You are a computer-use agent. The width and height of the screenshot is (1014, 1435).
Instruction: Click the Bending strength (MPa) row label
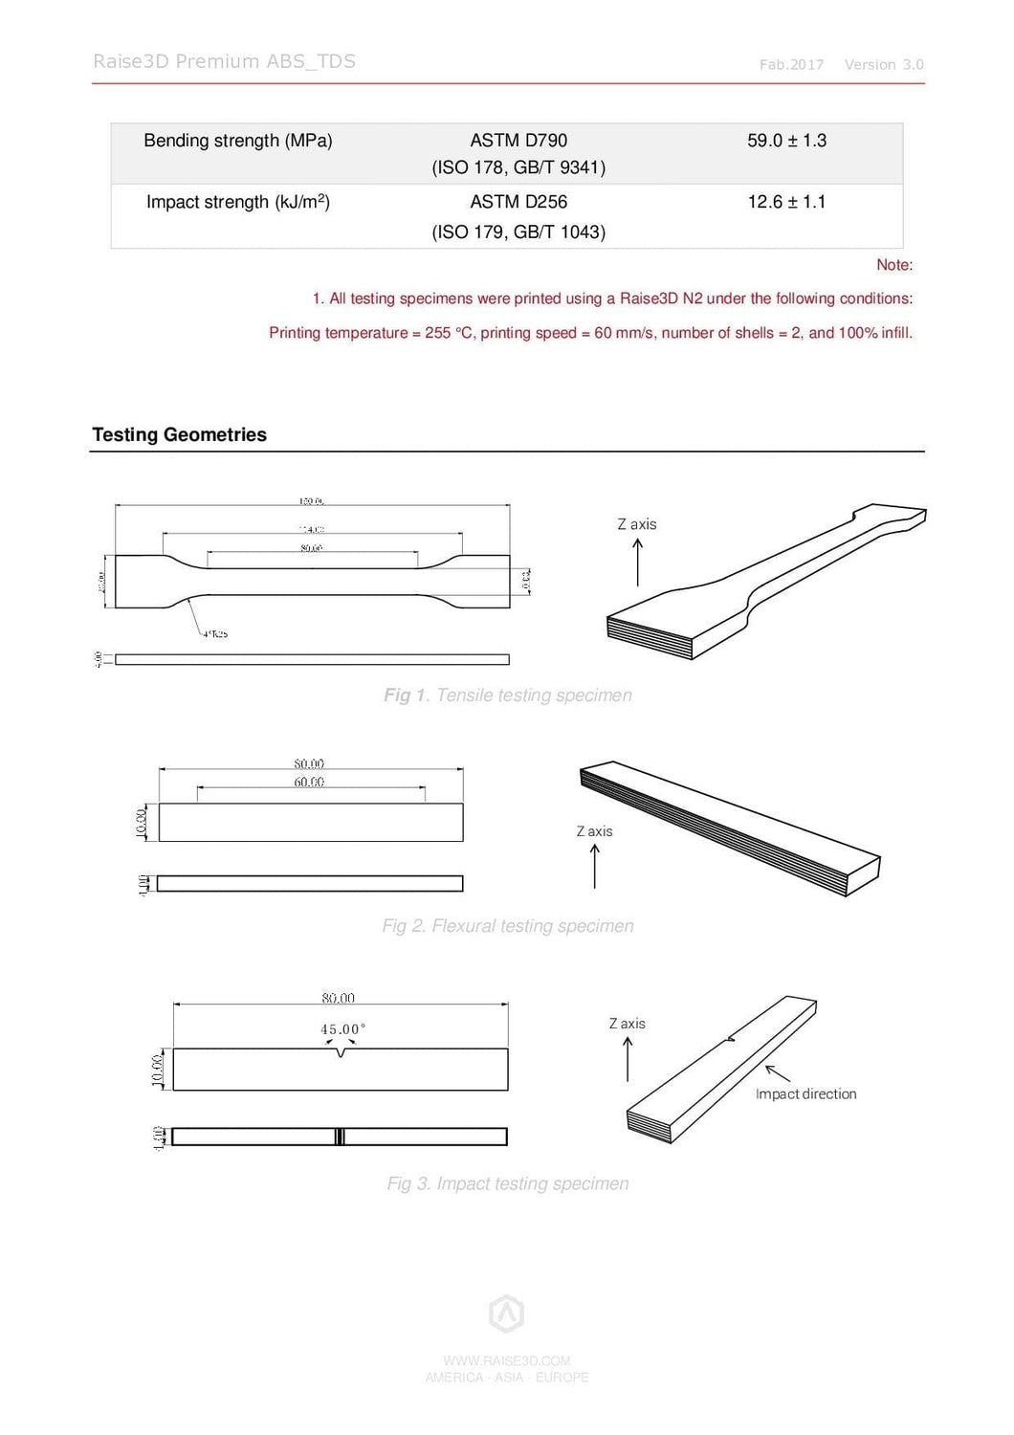(x=238, y=141)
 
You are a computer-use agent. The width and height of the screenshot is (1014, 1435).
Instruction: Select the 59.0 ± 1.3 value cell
(x=786, y=141)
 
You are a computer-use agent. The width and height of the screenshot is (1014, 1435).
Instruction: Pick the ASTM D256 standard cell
(x=518, y=202)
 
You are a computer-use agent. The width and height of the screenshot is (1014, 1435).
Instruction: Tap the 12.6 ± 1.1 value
(x=786, y=202)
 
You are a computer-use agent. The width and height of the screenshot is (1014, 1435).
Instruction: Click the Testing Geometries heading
(x=180, y=434)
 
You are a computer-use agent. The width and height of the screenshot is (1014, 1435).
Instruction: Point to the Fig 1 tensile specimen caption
(x=507, y=695)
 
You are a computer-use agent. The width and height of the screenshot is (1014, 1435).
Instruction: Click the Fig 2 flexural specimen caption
(x=507, y=926)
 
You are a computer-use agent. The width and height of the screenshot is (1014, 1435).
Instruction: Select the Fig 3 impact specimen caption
(x=507, y=1183)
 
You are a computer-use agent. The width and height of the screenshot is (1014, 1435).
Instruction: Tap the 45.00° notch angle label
(x=342, y=1029)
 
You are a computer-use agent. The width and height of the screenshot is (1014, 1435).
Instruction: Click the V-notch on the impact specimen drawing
(x=342, y=1053)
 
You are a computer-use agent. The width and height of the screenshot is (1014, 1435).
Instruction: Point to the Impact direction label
(x=805, y=1093)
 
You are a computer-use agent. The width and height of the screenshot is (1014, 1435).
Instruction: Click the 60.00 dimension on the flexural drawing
(x=309, y=782)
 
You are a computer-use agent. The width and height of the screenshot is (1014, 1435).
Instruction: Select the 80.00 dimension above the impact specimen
(x=338, y=998)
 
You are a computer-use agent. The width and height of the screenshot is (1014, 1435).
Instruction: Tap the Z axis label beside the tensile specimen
(x=637, y=524)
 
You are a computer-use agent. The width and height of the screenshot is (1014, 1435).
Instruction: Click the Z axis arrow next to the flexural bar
(x=595, y=867)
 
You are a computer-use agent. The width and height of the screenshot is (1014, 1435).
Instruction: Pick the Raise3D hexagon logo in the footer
(x=506, y=1314)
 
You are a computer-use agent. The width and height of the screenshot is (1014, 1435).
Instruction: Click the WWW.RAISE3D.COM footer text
(x=506, y=1360)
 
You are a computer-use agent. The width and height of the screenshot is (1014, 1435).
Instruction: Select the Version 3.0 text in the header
(x=884, y=65)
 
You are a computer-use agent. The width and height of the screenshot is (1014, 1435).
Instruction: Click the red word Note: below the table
(x=894, y=265)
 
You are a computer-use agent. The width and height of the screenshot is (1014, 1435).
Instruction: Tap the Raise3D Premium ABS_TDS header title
(x=224, y=61)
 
